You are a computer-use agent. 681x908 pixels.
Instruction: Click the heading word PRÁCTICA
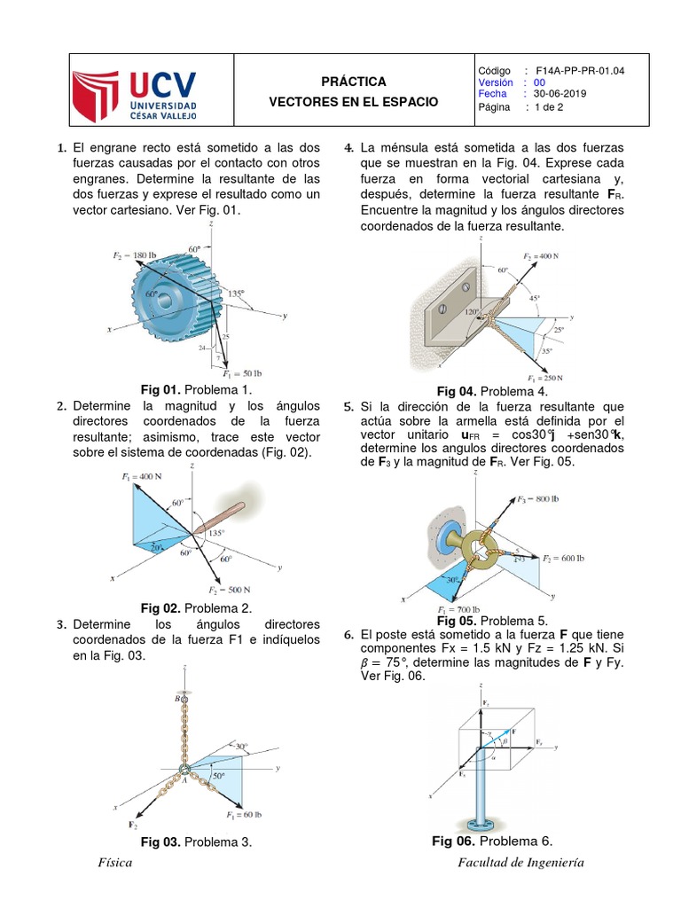(x=353, y=81)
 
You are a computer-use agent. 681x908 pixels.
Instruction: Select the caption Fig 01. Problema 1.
(x=197, y=389)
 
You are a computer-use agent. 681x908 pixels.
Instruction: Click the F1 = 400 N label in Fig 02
(x=142, y=476)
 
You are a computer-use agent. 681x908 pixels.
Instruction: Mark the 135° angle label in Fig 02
(x=216, y=533)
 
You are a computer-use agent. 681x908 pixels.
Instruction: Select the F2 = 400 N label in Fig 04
(x=542, y=255)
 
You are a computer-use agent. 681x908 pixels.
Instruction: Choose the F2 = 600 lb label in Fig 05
(x=563, y=559)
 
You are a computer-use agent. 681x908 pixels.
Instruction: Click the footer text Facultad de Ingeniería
(x=521, y=864)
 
